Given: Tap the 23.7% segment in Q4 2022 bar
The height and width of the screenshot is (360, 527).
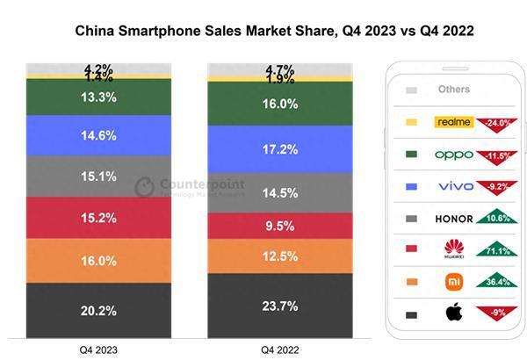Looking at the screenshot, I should point(279,306).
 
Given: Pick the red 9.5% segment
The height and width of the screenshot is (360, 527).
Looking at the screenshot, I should point(279,225).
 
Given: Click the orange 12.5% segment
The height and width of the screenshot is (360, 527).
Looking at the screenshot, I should point(279,256).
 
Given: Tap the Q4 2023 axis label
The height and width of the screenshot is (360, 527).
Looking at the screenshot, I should point(98,349).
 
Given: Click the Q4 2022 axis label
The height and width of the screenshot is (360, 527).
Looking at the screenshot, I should point(279,349).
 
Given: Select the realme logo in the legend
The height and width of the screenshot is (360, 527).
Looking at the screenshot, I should point(454,122).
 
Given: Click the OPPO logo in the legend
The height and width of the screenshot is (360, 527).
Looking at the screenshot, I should point(454,155).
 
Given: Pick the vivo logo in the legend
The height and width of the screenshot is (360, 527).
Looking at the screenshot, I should point(454,186).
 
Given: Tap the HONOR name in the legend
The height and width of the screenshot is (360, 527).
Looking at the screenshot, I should point(453,219).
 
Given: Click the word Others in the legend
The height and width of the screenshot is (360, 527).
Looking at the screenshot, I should point(453,90).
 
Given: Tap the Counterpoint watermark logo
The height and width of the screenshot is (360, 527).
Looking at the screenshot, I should point(145,187).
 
